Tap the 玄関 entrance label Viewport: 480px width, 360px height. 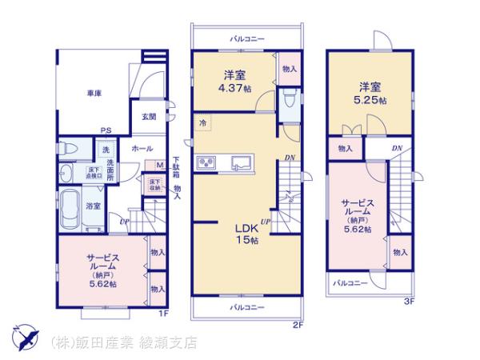[x=149, y=118]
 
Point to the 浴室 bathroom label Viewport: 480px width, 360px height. [x=94, y=206]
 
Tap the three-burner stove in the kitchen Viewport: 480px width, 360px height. [x=206, y=163]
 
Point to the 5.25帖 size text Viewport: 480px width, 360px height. [x=372, y=101]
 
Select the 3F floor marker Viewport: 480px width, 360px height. [x=409, y=302]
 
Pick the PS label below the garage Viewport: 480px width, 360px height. [x=105, y=133]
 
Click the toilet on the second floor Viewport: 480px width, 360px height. [x=290, y=102]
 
